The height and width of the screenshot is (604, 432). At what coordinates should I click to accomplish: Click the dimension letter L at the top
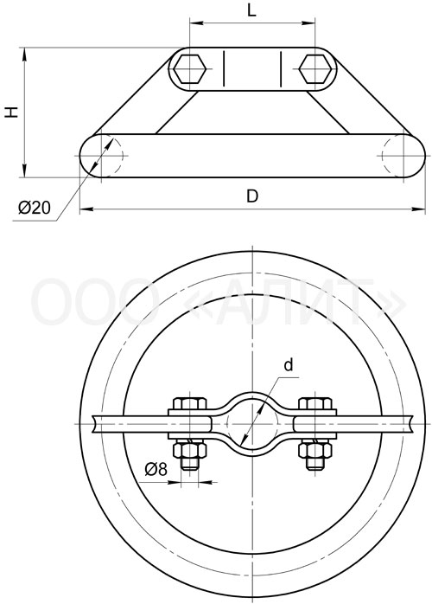pyautogui.click(x=251, y=10)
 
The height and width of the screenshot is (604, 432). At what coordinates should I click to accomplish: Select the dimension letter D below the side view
pyautogui.click(x=252, y=196)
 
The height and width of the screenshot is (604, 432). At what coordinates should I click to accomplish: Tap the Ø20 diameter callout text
pyautogui.click(x=35, y=208)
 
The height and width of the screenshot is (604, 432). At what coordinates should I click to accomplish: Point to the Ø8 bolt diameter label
pyautogui.click(x=156, y=469)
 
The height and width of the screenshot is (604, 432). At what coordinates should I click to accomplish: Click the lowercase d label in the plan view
pyautogui.click(x=288, y=364)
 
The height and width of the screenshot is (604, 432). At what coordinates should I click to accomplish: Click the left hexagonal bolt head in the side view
pyautogui.click(x=188, y=69)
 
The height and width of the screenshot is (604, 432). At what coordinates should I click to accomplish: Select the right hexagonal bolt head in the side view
pyautogui.click(x=315, y=69)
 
